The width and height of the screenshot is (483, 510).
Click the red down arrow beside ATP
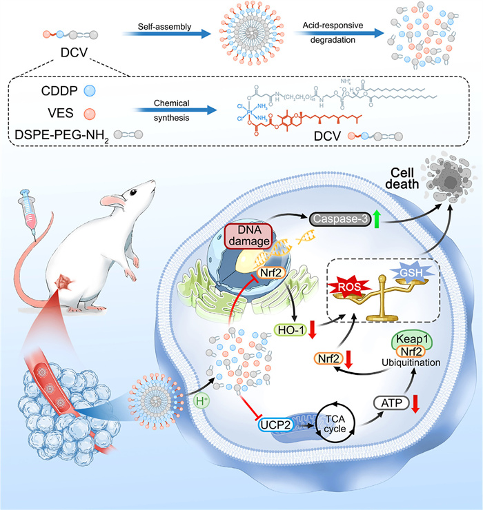[x=417, y=402]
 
